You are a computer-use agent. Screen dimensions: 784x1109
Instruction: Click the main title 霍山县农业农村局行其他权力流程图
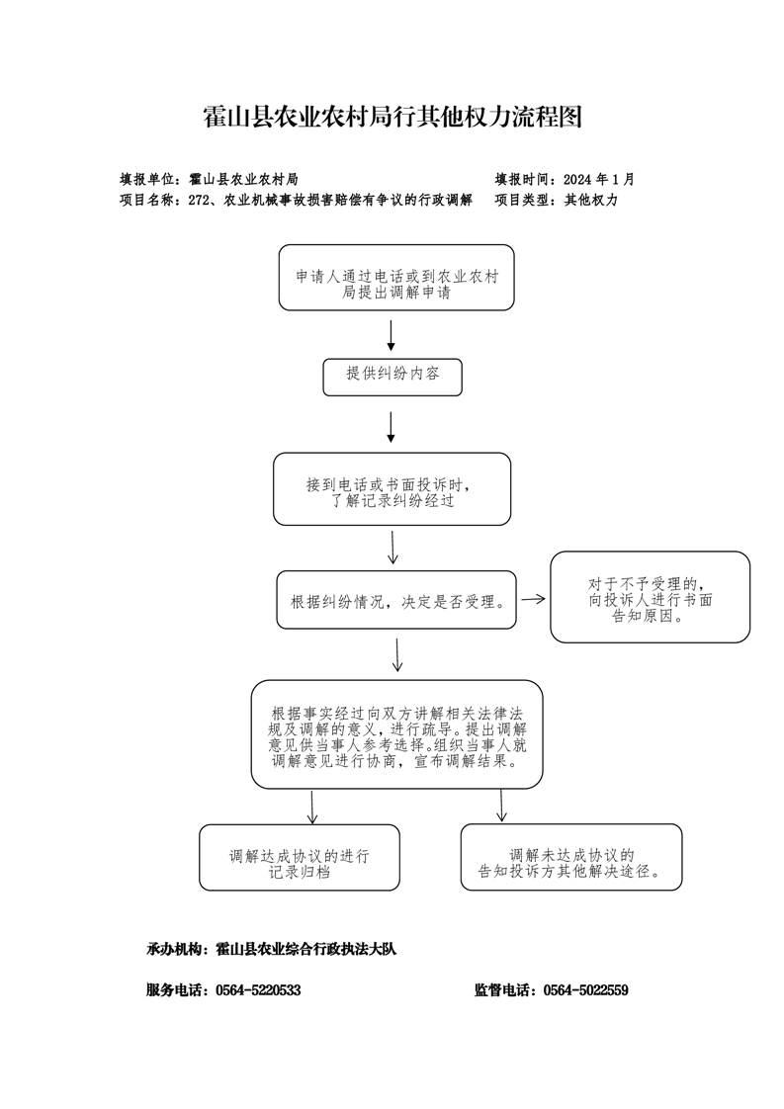pyautogui.click(x=392, y=117)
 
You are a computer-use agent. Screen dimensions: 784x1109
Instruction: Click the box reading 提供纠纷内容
pyautogui.click(x=392, y=377)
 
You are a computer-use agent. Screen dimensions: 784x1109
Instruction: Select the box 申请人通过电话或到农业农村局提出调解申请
pyautogui.click(x=396, y=277)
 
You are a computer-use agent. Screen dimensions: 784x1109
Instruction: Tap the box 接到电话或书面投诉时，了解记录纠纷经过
pyautogui.click(x=392, y=488)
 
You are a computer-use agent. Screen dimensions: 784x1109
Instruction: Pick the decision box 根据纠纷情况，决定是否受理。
pyautogui.click(x=396, y=600)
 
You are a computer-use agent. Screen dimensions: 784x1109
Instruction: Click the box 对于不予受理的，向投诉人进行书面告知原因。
pyautogui.click(x=651, y=597)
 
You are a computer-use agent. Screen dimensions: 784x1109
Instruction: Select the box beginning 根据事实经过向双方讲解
pyautogui.click(x=397, y=734)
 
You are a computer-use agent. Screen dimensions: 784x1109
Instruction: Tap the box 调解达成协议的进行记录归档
pyautogui.click(x=300, y=857)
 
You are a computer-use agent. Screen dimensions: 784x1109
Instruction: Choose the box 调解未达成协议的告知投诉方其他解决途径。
pyautogui.click(x=571, y=857)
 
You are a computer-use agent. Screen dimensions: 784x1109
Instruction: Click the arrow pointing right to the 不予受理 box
pyautogui.click(x=534, y=599)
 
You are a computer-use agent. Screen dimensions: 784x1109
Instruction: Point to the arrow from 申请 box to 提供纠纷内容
pyautogui.click(x=391, y=335)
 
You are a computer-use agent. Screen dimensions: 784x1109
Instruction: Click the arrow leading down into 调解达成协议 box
pyautogui.click(x=312, y=807)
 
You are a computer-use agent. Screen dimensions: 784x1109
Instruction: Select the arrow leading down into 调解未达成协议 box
pyautogui.click(x=501, y=806)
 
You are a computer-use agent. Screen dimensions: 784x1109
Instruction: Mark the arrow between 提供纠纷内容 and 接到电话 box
pyautogui.click(x=391, y=427)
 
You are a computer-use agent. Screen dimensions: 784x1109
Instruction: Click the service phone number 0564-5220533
pyautogui.click(x=258, y=990)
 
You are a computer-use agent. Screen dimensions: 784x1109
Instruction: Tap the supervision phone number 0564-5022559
pyautogui.click(x=586, y=990)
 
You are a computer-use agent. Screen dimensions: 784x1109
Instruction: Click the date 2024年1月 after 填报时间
pyautogui.click(x=599, y=180)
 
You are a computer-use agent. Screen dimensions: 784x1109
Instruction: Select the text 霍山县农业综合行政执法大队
pyautogui.click(x=305, y=949)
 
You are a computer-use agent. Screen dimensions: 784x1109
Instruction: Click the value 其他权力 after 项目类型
pyautogui.click(x=591, y=201)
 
